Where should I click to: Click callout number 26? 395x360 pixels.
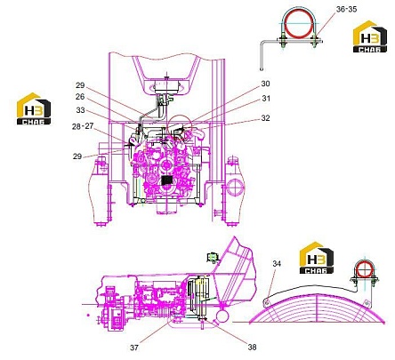pyautogui.click(x=80, y=97)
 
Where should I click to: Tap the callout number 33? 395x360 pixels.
pyautogui.click(x=80, y=110)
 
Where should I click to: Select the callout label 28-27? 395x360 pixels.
pyautogui.click(x=83, y=126)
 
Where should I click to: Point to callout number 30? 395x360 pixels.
pyautogui.click(x=265, y=84)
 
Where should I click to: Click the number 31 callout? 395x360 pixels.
pyautogui.click(x=266, y=99)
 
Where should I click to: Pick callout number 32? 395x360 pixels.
pyautogui.click(x=265, y=118)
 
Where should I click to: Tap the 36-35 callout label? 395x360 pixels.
pyautogui.click(x=347, y=9)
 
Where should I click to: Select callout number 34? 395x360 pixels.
pyautogui.click(x=277, y=263)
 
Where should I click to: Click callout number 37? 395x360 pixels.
pyautogui.click(x=134, y=348)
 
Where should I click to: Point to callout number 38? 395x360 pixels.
pyautogui.click(x=252, y=347)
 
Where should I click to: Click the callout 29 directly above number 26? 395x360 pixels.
pyautogui.click(x=80, y=85)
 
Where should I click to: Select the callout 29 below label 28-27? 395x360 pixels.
pyautogui.click(x=77, y=156)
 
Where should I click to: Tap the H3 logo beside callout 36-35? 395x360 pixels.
pyautogui.click(x=370, y=36)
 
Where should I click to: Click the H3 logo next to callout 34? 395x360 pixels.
pyautogui.click(x=317, y=258)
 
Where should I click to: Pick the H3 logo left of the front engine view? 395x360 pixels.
pyautogui.click(x=34, y=108)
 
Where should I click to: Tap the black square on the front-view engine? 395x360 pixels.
pyautogui.click(x=168, y=180)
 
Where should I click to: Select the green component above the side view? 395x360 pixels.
pyautogui.click(x=213, y=257)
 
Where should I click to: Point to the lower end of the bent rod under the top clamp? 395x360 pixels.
pyautogui.click(x=262, y=69)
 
